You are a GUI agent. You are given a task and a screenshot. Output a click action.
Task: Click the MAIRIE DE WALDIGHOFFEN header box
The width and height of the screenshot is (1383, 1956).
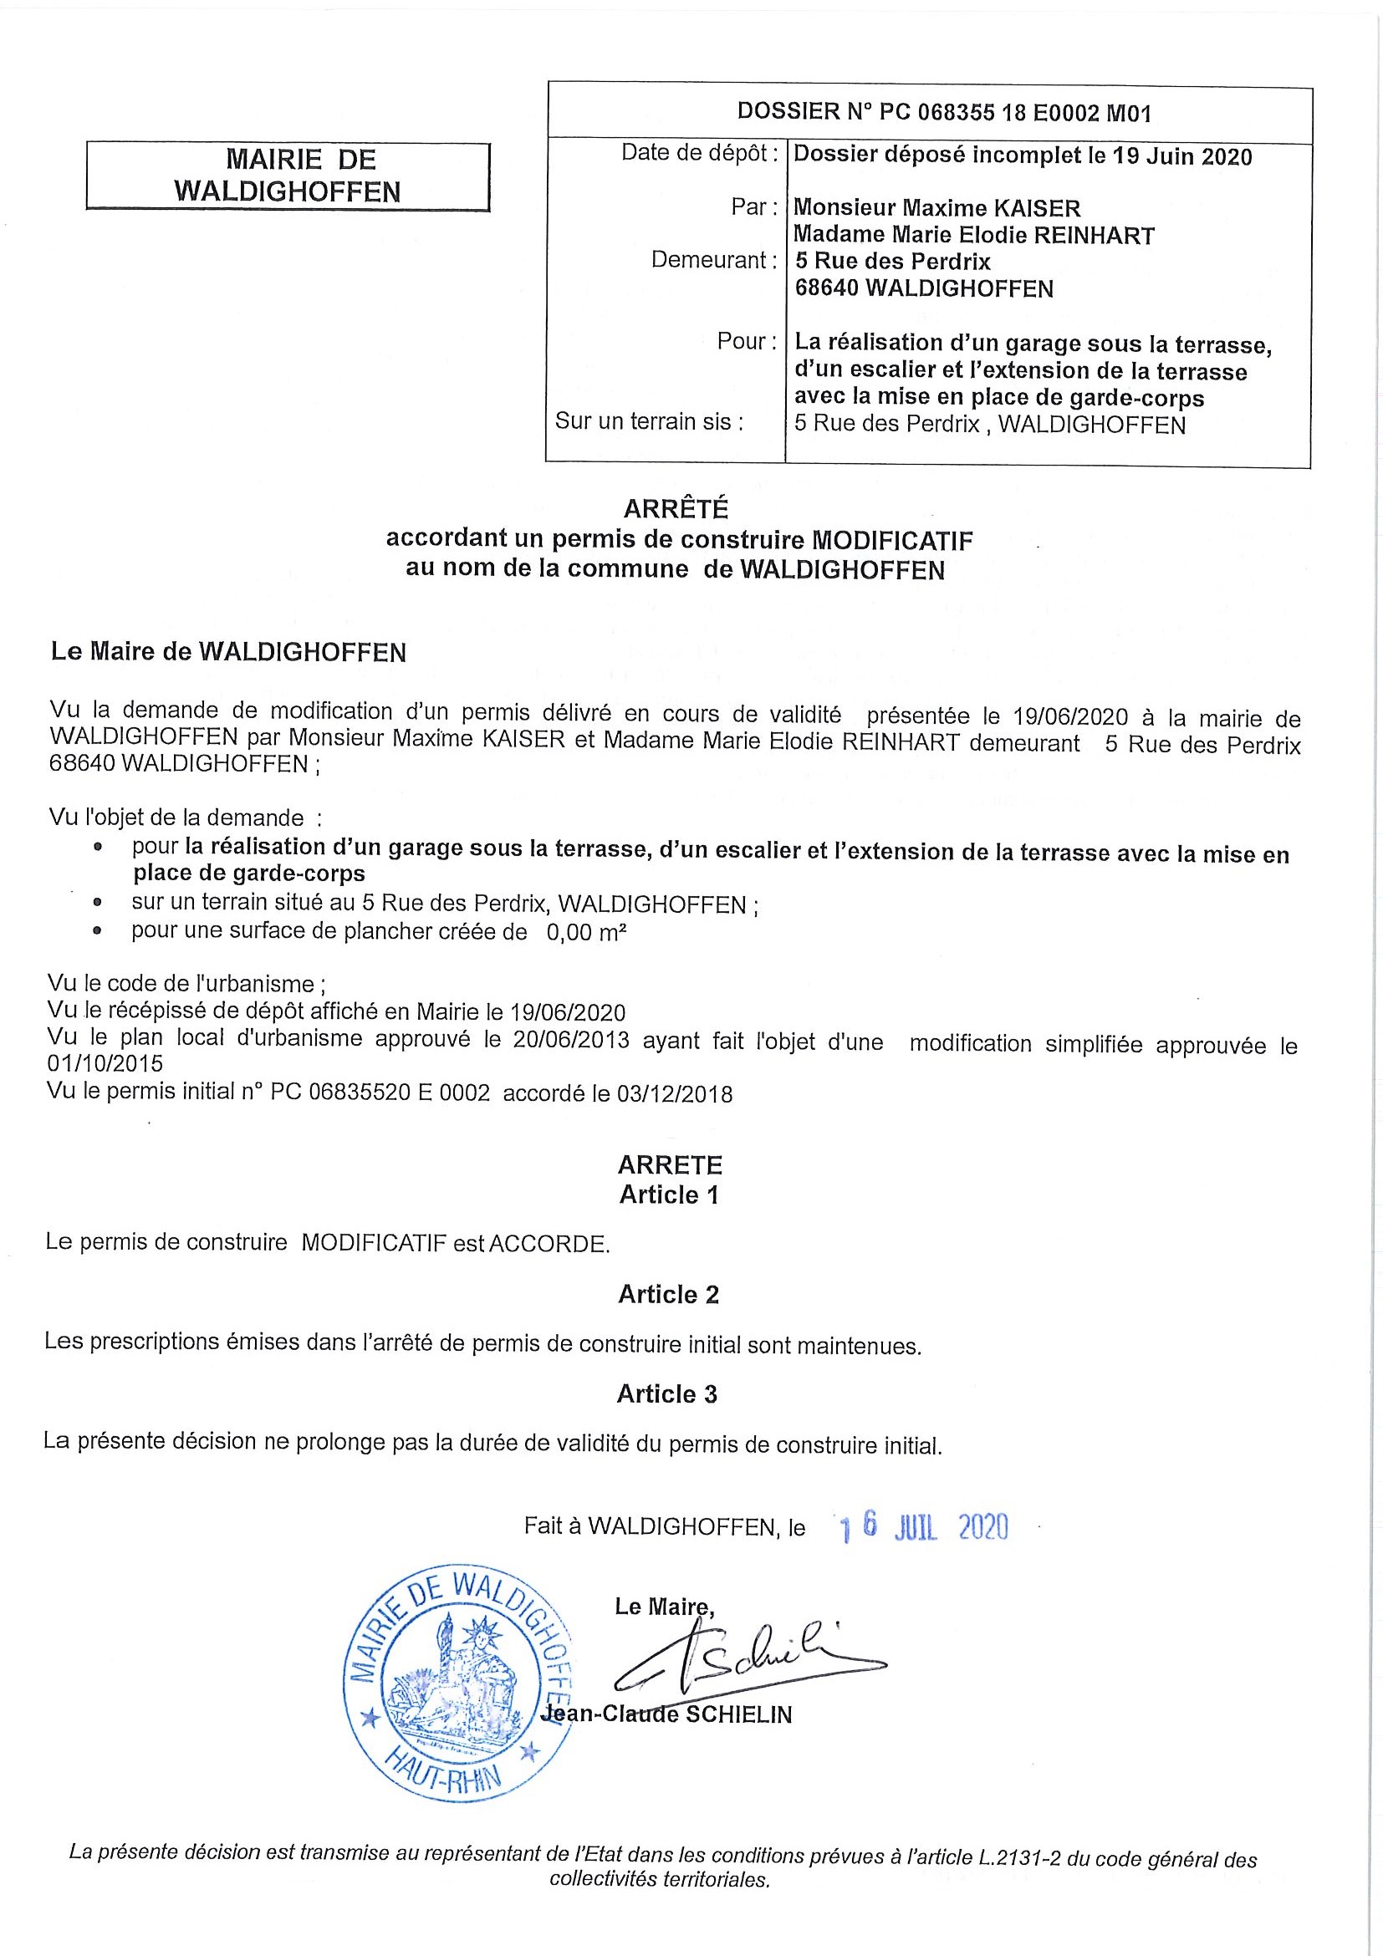pos(288,176)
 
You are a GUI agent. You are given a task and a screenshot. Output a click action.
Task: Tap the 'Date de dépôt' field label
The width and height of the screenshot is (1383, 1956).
pos(699,152)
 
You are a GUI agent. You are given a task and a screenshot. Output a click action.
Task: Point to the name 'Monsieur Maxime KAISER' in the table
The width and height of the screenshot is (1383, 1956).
pos(937,208)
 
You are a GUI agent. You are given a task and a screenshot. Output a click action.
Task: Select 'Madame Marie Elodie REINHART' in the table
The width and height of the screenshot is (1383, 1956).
pos(974,235)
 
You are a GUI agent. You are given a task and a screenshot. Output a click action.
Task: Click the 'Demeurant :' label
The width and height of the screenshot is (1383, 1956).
pos(714,260)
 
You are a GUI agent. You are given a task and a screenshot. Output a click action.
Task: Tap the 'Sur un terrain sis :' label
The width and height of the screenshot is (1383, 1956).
pos(650,420)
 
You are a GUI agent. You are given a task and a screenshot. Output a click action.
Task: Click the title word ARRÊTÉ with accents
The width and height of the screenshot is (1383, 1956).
pos(676,508)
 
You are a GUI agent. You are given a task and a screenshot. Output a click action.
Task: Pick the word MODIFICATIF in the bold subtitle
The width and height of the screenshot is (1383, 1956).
pos(892,540)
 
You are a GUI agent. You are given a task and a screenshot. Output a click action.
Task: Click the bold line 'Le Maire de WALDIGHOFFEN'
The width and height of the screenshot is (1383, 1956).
pos(228,653)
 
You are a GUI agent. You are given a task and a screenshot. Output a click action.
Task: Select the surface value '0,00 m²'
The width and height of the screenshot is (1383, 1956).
pos(586,933)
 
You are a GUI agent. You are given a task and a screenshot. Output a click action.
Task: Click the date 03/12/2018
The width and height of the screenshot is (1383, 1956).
pos(674,1094)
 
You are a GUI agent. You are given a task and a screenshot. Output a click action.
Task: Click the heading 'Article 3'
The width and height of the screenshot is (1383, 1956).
pos(667,1393)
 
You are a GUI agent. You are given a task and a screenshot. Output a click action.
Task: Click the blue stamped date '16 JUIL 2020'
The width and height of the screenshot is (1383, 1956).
pos(924,1527)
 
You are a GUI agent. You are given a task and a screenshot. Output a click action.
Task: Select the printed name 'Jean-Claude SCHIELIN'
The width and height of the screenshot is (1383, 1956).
pos(667,1714)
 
